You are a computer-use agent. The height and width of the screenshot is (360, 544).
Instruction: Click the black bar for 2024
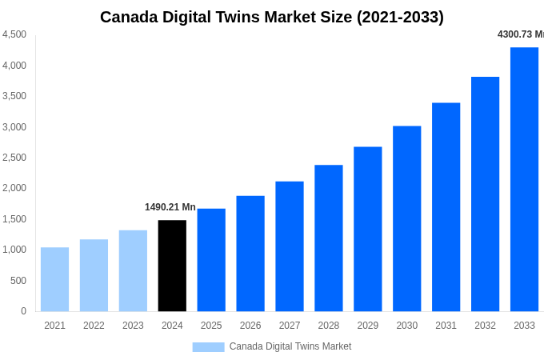[x=172, y=266]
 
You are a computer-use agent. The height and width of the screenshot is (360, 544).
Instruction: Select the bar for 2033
[x=524, y=179]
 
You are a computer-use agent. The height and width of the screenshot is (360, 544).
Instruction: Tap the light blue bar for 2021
[x=54, y=279]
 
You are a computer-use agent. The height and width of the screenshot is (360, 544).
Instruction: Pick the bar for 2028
[x=328, y=238]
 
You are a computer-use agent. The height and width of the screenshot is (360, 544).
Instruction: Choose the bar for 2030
[x=406, y=218]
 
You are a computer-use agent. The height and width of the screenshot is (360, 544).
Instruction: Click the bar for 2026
[x=250, y=254]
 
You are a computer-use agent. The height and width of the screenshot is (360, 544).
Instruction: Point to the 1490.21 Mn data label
[x=170, y=207]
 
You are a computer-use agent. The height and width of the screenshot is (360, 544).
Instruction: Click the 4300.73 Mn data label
[x=520, y=34]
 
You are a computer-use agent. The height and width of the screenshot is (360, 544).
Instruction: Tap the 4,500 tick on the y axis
[x=14, y=34]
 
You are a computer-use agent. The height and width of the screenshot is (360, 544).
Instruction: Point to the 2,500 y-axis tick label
[x=14, y=158]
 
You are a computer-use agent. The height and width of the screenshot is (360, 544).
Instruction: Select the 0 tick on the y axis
[x=23, y=311]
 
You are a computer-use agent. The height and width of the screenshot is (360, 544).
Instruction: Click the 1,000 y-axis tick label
[x=14, y=250]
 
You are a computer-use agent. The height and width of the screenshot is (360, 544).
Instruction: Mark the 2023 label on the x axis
[x=133, y=326]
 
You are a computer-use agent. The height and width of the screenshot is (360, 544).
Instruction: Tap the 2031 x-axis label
[x=446, y=326]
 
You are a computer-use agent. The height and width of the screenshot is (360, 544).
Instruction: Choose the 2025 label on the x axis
[x=211, y=326]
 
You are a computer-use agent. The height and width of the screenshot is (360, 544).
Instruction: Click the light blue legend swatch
[x=208, y=347]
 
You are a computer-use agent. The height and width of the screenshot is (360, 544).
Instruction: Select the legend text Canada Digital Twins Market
[x=290, y=346]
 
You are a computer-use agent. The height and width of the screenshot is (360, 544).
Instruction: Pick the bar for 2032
[x=485, y=194]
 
